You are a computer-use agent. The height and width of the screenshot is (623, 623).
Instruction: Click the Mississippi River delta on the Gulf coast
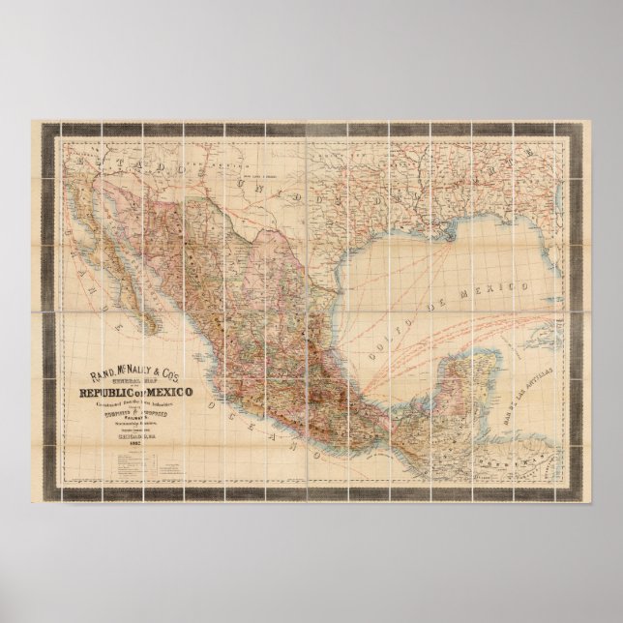[x=448, y=232]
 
